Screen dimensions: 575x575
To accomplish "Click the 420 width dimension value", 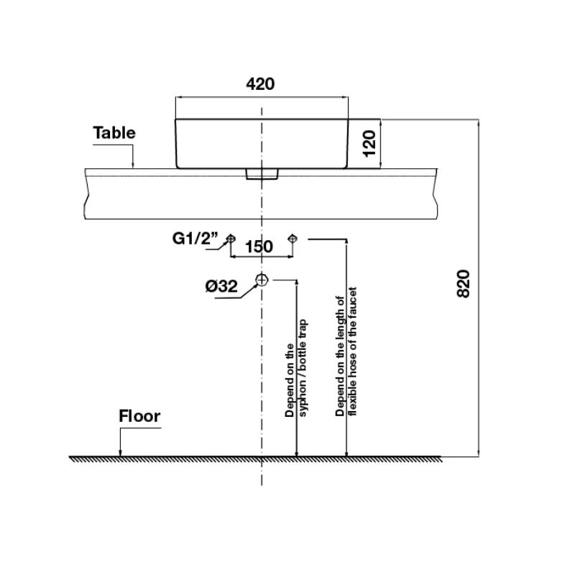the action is [260, 84].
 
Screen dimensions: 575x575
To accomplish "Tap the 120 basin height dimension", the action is [369, 143].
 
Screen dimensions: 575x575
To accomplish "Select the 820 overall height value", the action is [463, 284].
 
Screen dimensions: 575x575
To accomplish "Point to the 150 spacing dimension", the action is [259, 247].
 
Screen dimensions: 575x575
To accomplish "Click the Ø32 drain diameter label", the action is [221, 286].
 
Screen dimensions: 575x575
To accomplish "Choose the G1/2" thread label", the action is [195, 239].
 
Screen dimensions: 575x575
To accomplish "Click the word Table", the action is [114, 133].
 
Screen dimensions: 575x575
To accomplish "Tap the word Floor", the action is [139, 416].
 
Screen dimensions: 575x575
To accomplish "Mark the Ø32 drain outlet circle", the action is [262, 280].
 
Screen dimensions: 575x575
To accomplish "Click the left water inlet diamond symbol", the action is [230, 239].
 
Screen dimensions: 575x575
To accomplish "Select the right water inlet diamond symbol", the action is [293, 239].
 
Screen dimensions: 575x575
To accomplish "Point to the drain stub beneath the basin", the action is [262, 174].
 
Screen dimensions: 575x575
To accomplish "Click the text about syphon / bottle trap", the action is [296, 368].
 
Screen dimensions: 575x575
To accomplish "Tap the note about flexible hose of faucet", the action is [346, 351].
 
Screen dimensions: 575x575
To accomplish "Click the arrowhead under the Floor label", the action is [120, 454].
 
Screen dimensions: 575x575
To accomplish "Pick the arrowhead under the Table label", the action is [133, 165].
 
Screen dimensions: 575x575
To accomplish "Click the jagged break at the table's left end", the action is [86, 194].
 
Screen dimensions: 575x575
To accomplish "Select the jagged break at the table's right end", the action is [436, 194].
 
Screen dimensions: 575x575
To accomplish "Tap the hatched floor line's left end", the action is [69, 457].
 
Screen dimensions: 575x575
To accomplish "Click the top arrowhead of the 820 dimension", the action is [478, 123].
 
